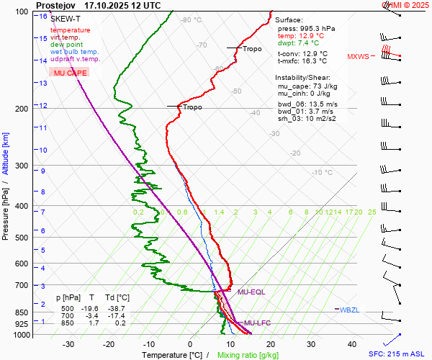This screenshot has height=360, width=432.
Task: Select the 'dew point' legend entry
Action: [66, 45]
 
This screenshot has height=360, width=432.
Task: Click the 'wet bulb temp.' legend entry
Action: [74, 52]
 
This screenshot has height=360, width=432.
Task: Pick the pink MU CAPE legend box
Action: [70, 73]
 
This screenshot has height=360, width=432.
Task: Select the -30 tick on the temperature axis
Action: [68, 344]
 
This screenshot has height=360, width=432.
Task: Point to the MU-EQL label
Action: [251, 292]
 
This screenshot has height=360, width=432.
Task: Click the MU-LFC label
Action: [257, 323]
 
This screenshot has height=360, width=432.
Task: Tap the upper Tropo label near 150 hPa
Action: [252, 49]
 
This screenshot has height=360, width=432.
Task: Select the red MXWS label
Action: [358, 56]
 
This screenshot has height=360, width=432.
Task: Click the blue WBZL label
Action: [349, 310]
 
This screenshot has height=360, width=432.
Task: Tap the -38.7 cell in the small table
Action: [118, 307]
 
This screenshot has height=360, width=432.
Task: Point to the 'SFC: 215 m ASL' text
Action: [398, 354]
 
